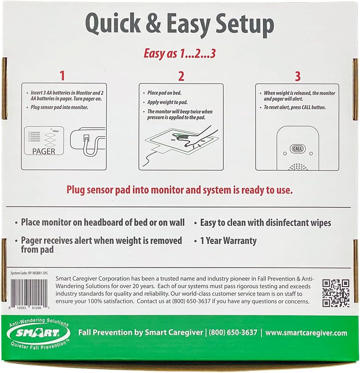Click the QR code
pos(335,293)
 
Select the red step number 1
pos(62,76)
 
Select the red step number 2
pos(181,76)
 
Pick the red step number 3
pos(297,76)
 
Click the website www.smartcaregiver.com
pos(306,333)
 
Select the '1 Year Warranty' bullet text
pos(228,241)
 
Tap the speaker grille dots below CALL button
pos(297,166)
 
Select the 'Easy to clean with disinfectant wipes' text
pos(265,223)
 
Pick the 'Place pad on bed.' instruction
pos(165,93)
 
